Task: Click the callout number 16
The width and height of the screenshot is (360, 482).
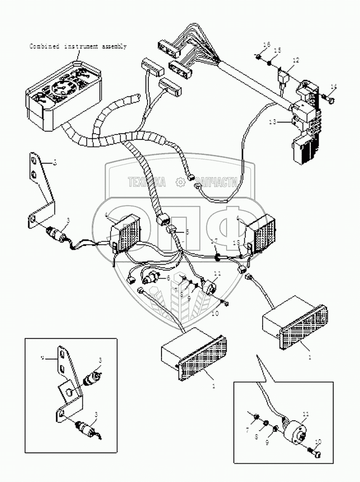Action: click(266, 45)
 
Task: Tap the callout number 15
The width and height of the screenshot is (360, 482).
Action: click(277, 51)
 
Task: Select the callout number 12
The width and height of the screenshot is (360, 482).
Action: click(295, 60)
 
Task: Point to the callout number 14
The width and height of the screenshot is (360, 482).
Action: click(334, 87)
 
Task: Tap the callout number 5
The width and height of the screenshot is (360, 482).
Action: click(187, 232)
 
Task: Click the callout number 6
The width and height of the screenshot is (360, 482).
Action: click(168, 278)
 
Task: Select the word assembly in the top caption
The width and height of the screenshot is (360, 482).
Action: click(114, 47)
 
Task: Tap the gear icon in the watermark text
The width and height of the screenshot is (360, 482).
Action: click(180, 182)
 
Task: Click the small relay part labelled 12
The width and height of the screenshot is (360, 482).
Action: click(283, 76)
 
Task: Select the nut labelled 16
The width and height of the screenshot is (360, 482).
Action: click(259, 57)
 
